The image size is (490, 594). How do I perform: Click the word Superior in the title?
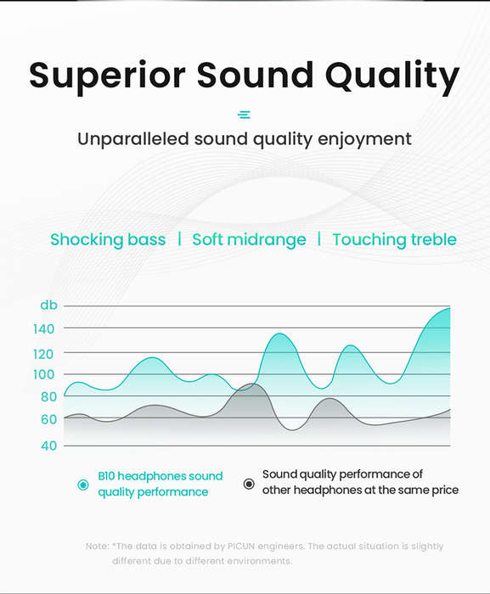point(107,76)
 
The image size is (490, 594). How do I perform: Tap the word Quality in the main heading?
point(392,76)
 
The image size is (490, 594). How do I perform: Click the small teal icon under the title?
point(244,115)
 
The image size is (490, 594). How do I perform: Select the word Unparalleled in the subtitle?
point(133,138)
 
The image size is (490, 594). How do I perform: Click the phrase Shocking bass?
point(108,240)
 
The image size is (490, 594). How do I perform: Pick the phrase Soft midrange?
point(249,240)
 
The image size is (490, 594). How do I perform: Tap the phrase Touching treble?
point(394,240)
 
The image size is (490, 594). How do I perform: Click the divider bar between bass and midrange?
point(179,239)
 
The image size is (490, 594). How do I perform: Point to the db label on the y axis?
point(49,305)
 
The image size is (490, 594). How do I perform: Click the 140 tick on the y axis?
point(44,329)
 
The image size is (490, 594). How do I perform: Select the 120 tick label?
point(43,354)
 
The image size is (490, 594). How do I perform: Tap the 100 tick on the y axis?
point(44,375)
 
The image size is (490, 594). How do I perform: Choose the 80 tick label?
point(48,396)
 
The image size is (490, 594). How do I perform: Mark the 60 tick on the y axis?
point(49,419)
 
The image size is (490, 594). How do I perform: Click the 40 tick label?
point(49,445)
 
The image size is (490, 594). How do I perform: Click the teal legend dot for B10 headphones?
point(83,485)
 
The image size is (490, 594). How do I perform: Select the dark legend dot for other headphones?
point(249,484)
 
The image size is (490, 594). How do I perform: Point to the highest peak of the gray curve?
point(252,384)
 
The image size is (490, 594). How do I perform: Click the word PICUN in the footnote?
point(241,546)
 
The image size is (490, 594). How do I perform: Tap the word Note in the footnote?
point(97,546)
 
